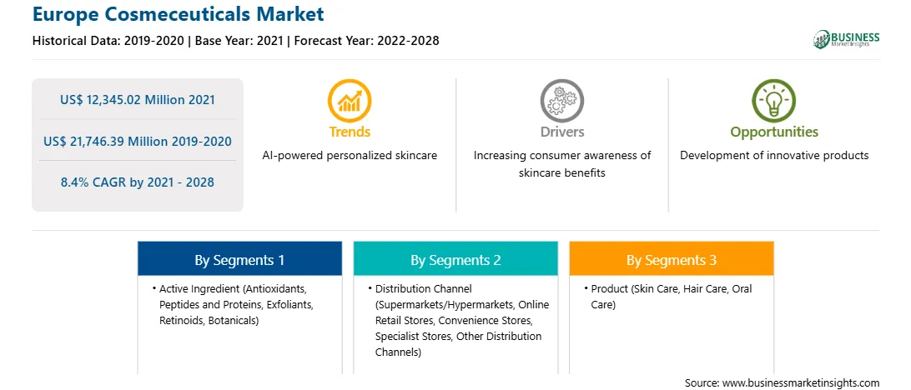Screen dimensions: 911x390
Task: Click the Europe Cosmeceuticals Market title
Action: tap(179, 14)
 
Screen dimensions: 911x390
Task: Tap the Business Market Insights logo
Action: tap(846, 39)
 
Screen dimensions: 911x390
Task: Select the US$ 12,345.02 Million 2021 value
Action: tap(137, 100)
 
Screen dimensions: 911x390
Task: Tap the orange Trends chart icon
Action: tap(350, 101)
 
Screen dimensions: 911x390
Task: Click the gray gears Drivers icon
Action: tap(561, 101)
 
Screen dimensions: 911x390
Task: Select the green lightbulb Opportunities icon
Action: tap(774, 101)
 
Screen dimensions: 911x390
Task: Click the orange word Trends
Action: tap(350, 132)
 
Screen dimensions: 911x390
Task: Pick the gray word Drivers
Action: tap(561, 132)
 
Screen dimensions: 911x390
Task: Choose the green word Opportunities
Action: tap(774, 132)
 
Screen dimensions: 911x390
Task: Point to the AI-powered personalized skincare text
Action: tap(350, 156)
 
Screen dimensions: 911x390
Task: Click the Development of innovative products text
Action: tap(774, 156)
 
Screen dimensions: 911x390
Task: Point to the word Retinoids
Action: tap(179, 320)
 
